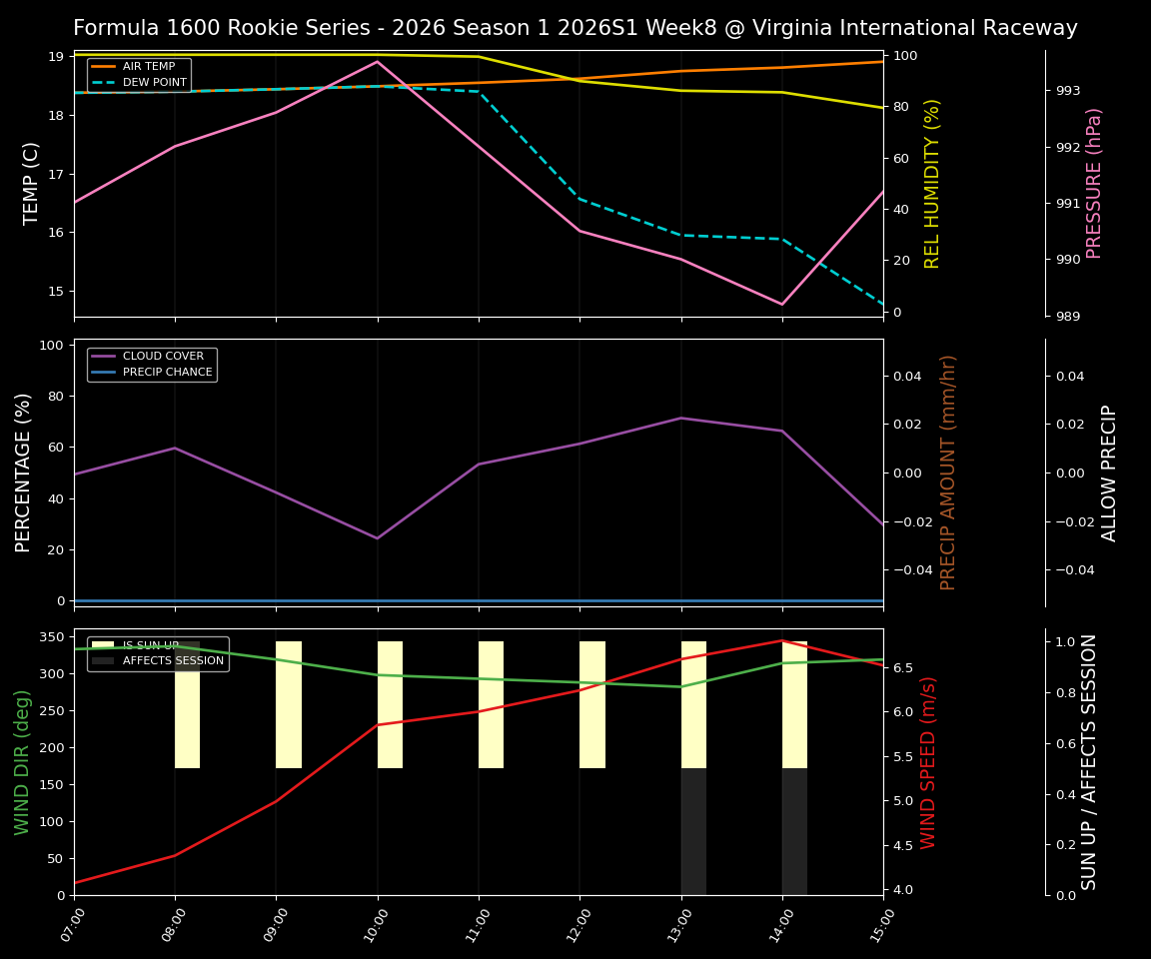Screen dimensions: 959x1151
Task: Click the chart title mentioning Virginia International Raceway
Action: [x=575, y=28]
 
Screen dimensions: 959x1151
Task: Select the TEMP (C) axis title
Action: [x=32, y=183]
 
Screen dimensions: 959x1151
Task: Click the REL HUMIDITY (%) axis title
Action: [x=932, y=183]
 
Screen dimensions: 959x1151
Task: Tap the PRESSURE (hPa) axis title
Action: [x=1094, y=183]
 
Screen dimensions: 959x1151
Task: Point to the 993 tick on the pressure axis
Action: [x=1068, y=91]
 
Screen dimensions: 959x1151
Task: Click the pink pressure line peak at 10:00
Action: [x=378, y=62]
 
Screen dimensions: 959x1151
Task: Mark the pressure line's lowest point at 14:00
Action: [x=782, y=305]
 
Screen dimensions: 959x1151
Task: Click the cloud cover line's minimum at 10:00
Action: [x=378, y=538]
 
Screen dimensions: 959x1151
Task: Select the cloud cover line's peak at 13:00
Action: [x=681, y=418]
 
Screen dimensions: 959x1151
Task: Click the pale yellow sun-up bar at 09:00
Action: [x=289, y=704]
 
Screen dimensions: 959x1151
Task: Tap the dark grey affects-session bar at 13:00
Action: [x=693, y=831]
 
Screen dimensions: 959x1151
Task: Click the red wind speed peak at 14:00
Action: [x=782, y=640]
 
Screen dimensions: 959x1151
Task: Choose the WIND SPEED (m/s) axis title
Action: [x=928, y=761]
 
